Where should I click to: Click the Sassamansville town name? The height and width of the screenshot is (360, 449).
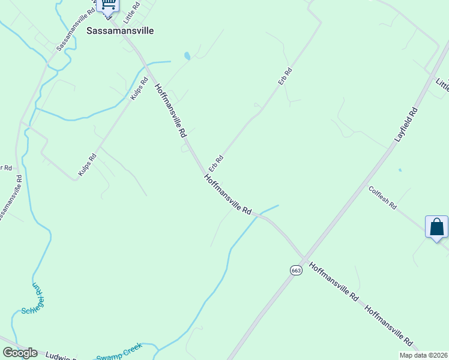[120, 30]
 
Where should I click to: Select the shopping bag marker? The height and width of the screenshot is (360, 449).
[436, 227]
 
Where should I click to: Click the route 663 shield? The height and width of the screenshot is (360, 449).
[295, 270]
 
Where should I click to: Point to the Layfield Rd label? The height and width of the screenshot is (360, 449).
[406, 124]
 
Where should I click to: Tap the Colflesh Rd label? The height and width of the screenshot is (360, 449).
[383, 197]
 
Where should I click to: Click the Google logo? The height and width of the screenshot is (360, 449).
[20, 353]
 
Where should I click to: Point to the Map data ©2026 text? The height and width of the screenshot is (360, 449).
[421, 355]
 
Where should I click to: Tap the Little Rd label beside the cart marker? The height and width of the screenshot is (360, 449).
[131, 13]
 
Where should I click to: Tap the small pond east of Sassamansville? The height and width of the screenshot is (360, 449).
[187, 56]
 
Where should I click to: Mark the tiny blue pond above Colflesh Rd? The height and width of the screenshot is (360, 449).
[400, 170]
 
